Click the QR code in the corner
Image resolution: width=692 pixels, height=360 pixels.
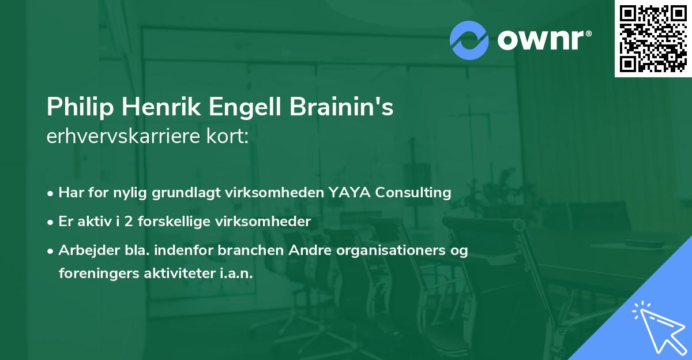tap(653, 38)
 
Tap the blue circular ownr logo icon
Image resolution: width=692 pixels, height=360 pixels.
tap(469, 40)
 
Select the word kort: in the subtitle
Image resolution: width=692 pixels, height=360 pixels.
tap(229, 137)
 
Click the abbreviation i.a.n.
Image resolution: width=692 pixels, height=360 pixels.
tap(236, 273)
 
